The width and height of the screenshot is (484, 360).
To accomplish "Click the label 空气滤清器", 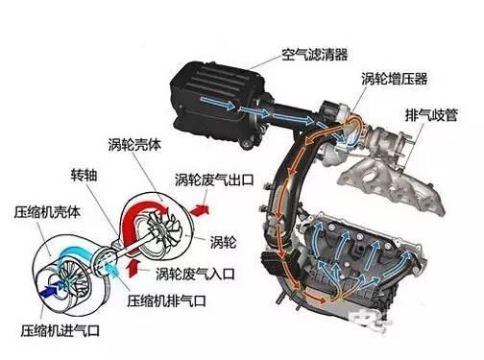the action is tap(314, 55).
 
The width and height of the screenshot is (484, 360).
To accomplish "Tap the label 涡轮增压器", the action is tap(395, 79).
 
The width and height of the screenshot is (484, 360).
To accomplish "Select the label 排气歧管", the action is tap(431, 115).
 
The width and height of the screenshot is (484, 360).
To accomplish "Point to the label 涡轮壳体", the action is tap(134, 145).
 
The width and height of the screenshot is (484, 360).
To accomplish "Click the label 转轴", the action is tap(84, 175).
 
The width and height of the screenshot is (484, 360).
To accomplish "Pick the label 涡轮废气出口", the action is tap(214, 180).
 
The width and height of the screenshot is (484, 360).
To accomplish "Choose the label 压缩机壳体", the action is tap(47, 212).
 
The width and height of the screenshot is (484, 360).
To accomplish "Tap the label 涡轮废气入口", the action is tap(195, 274).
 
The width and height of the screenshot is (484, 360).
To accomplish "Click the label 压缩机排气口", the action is tap(166, 300).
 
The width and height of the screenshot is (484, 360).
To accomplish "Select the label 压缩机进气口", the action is tap(60, 330).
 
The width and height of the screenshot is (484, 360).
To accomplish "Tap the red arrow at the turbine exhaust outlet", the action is tap(200, 210).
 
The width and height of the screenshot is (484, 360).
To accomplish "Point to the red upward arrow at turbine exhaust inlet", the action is tap(133, 268).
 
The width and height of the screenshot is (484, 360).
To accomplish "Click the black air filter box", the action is tap(219, 103).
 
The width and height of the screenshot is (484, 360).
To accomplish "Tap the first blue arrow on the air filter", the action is tap(218, 103).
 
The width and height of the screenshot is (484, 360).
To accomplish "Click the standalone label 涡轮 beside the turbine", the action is tap(223, 242).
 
